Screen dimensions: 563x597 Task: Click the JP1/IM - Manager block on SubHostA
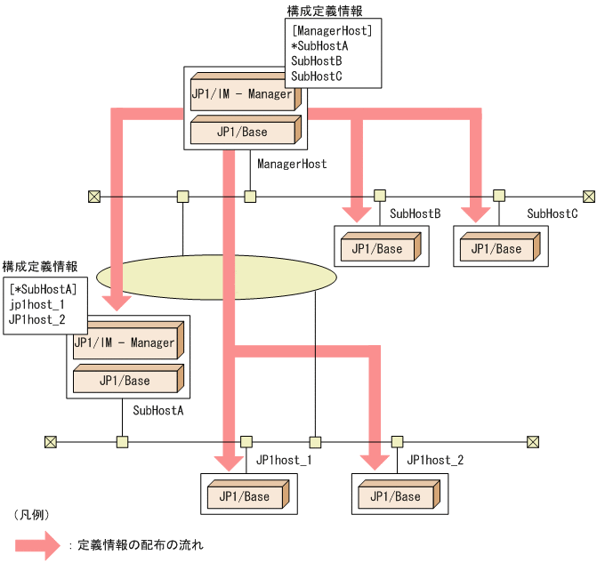(125, 342)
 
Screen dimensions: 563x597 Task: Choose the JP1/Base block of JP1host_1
(245, 495)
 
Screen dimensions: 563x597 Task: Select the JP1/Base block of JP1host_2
(395, 495)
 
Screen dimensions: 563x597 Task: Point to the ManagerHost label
(292, 164)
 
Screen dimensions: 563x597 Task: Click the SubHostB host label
(415, 213)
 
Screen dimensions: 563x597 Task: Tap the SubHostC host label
(553, 213)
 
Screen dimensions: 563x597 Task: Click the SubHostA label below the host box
(158, 410)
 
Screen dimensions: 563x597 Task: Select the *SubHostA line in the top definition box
(319, 45)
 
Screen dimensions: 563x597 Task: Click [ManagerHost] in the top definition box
(331, 30)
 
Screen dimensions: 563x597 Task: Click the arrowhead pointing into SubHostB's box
(358, 212)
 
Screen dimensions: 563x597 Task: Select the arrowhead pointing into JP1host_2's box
(374, 460)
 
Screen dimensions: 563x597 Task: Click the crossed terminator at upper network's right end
(588, 196)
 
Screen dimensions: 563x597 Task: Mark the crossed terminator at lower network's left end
(50, 441)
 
